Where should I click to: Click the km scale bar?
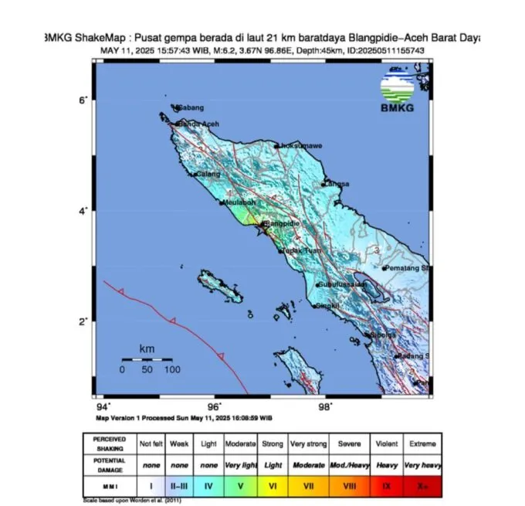coord(147,359)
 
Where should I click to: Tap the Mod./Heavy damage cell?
coord(346,466)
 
